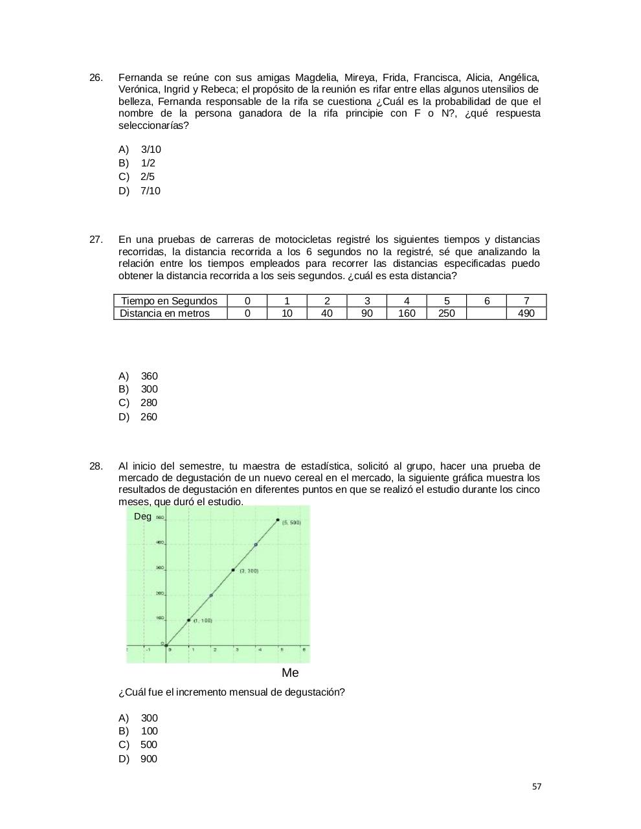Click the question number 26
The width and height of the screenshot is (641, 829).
[96, 78]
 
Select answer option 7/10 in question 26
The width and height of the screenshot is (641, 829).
[150, 191]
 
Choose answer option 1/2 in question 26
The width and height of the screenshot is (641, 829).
[148, 163]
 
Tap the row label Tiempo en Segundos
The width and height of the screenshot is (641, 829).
[170, 301]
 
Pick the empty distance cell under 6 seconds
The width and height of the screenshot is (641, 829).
[486, 313]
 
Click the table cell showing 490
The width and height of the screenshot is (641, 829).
[526, 313]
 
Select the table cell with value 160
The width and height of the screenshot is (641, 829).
[407, 313]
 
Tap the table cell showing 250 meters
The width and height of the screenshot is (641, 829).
[447, 313]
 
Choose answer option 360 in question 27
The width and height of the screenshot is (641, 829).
[149, 376]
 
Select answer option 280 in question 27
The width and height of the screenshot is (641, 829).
[148, 403]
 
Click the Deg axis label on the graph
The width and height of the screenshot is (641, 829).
[142, 516]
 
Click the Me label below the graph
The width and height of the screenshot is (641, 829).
[290, 673]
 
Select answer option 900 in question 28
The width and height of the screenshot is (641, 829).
[148, 759]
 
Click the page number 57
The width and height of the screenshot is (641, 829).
[537, 787]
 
